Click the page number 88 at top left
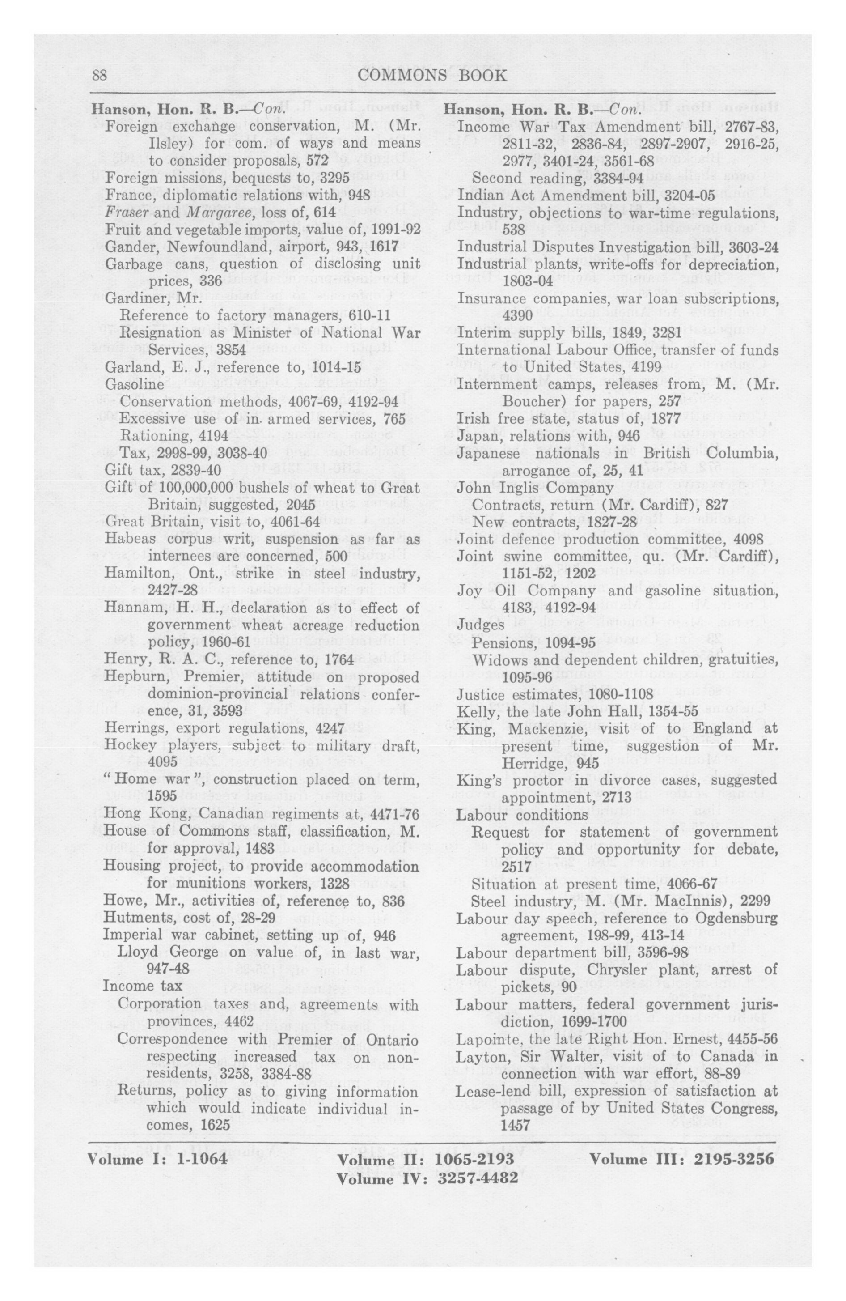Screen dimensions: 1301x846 click(x=99, y=76)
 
